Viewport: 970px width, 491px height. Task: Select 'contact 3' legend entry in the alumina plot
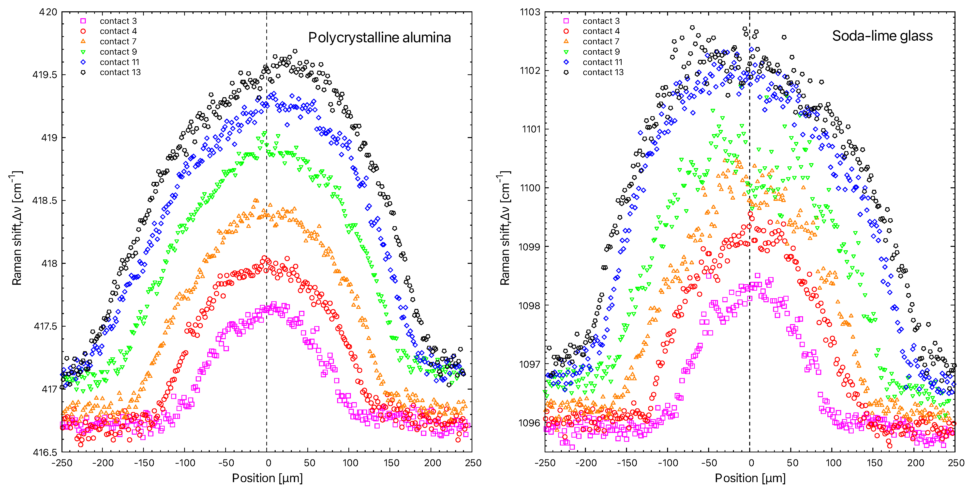coord(118,21)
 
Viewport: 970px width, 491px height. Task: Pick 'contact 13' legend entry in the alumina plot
coord(120,72)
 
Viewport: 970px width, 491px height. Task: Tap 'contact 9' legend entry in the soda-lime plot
coord(601,52)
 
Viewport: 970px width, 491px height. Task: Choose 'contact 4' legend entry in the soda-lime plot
coord(601,31)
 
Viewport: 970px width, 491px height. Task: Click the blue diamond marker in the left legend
coord(83,62)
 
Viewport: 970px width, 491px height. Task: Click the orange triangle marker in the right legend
coord(566,41)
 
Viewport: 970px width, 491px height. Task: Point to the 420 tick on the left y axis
coord(48,12)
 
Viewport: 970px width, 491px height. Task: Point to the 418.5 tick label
coord(45,201)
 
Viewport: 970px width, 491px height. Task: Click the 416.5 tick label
coord(45,452)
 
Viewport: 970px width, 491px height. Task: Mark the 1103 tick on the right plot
coord(530,12)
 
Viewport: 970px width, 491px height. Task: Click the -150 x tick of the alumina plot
coord(144,463)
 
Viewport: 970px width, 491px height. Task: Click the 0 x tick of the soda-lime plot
coord(751,463)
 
